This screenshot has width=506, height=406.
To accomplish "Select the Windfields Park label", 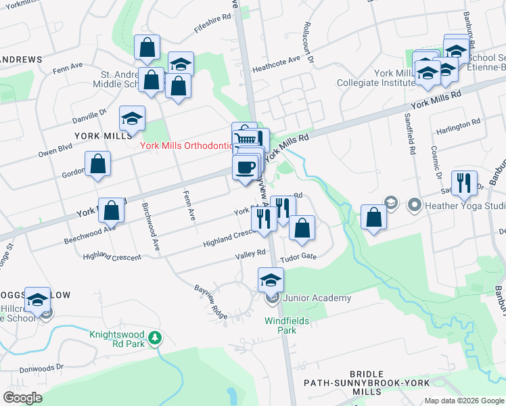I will (x=281, y=325).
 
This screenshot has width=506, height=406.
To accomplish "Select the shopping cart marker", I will (x=246, y=137).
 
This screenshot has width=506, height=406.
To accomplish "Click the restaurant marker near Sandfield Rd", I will (x=464, y=182).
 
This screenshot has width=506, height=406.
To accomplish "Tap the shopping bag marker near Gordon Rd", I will (x=98, y=164).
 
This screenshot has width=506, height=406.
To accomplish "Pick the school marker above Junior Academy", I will (x=271, y=279).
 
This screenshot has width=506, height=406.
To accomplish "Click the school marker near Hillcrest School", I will (x=37, y=299).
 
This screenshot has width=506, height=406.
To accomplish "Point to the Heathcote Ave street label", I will (x=276, y=64).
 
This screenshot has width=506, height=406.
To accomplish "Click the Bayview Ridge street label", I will (x=210, y=302).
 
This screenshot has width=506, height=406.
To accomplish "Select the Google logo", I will (x=22, y=397).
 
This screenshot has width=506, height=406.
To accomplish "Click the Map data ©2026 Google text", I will (x=464, y=401).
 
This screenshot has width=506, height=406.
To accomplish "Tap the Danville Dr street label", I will (x=91, y=115).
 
